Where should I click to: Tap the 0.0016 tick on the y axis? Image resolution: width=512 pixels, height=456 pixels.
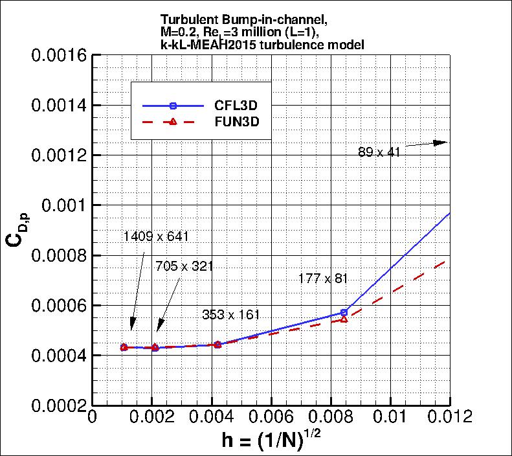coord(58,56)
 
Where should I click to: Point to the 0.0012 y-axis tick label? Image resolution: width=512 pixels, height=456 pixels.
coord(58,155)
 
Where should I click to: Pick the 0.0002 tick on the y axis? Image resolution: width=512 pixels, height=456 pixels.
coord(58,405)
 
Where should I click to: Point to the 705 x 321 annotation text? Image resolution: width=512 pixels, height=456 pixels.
coord(184,266)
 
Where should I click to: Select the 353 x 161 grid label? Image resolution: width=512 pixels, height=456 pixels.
coord(231,315)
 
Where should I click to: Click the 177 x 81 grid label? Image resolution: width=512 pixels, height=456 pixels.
coord(324,279)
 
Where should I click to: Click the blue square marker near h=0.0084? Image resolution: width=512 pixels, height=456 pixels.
coord(344,312)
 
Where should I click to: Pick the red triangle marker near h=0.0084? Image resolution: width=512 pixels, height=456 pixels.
coord(344,319)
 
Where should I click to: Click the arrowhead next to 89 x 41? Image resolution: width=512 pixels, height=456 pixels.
coord(441,142)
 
